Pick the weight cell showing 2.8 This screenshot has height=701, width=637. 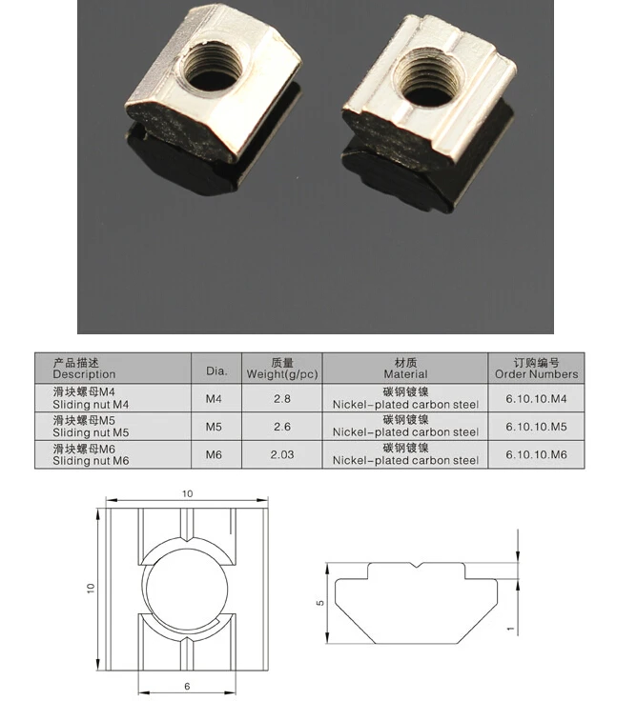pos(281,399)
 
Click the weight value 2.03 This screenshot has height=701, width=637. pos(281,455)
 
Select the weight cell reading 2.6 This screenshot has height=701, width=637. pos(281,427)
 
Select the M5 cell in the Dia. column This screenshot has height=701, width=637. pos(215,427)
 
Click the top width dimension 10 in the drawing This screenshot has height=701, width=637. pos(187,493)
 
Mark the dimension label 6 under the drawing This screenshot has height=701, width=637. pos(187,686)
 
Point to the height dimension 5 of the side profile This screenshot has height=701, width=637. pos(321,603)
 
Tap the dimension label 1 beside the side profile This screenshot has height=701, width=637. pos(511,629)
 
